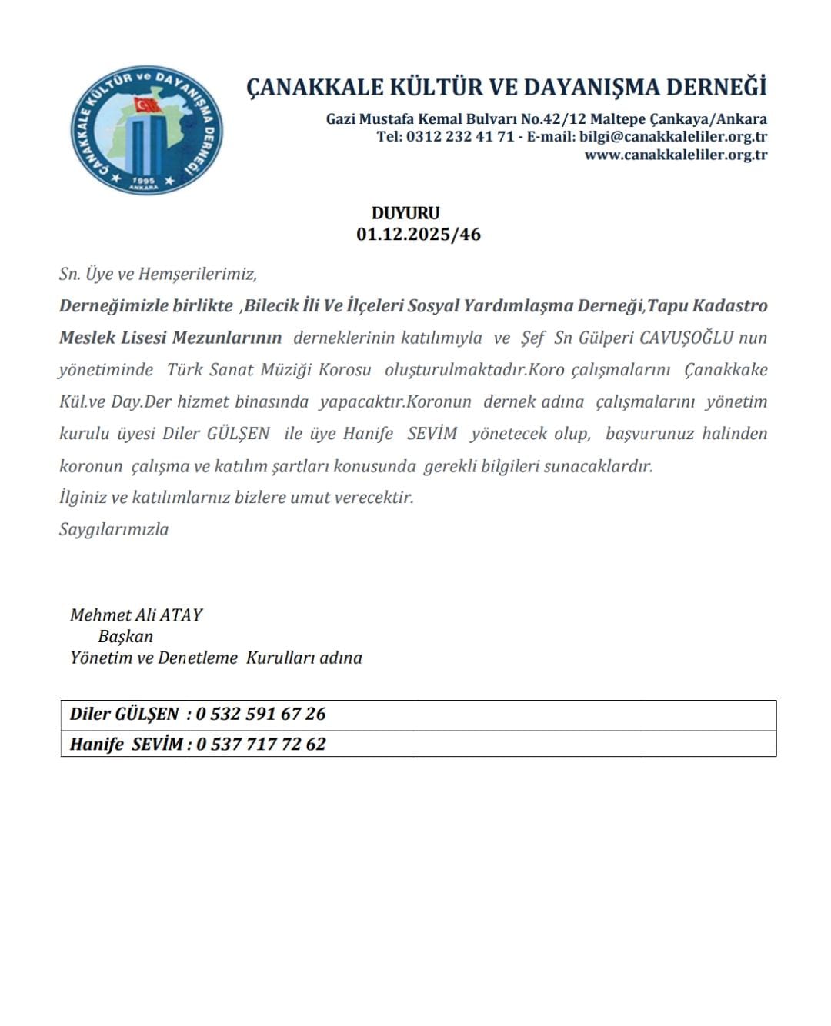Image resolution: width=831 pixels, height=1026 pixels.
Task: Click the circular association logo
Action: [146, 129]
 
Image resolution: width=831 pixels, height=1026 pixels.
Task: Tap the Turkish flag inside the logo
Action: [147, 105]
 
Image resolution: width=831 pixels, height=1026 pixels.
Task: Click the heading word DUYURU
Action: [405, 213]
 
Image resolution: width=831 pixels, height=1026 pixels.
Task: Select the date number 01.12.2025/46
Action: [418, 234]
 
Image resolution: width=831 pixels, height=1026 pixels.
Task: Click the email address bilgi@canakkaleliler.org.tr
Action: [673, 137]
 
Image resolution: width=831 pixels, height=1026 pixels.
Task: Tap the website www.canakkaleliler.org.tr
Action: [676, 155]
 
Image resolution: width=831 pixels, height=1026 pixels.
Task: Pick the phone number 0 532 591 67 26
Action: [261, 714]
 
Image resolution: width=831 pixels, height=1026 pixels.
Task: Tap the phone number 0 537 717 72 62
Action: [261, 744]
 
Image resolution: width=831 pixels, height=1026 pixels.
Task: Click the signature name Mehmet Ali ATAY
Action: [136, 615]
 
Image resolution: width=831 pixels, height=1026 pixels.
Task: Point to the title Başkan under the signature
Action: [125, 636]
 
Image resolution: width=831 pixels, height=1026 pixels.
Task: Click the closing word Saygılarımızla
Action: [114, 529]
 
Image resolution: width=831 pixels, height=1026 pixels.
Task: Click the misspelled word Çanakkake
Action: [726, 370]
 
